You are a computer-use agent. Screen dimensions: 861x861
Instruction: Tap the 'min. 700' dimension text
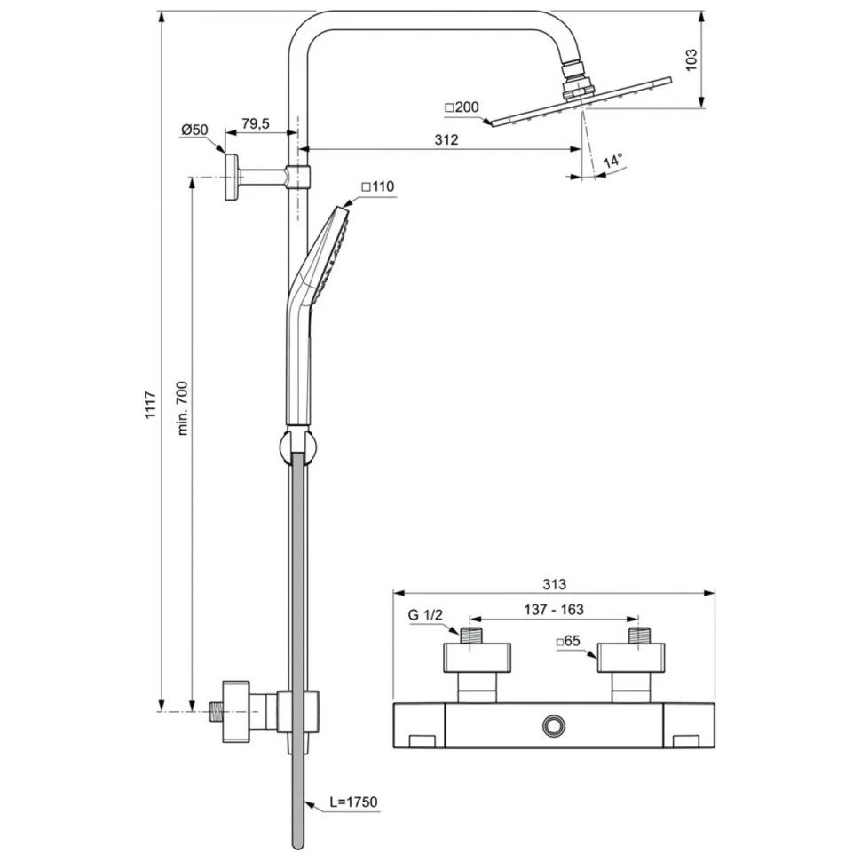184,409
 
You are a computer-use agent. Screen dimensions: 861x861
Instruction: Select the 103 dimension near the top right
692,59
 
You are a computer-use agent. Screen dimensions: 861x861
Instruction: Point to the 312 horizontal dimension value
446,139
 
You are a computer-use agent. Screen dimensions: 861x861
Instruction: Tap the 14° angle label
612,162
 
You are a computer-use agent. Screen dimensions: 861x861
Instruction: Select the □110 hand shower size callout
377,186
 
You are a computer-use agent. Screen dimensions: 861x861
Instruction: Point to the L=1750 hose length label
352,802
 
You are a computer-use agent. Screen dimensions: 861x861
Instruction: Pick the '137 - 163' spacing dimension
554,610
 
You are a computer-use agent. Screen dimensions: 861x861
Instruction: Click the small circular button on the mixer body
554,726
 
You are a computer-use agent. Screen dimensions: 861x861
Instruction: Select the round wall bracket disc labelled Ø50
233,178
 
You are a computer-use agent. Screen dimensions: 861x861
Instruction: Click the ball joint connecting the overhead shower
575,83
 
